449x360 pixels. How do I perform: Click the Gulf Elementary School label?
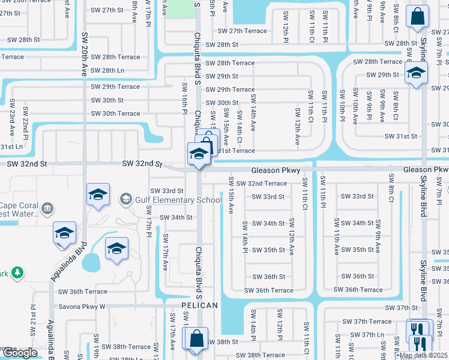(x=179, y=200)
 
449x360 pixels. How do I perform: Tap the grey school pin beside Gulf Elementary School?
(x=126, y=199)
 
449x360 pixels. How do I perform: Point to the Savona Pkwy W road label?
(x=82, y=306)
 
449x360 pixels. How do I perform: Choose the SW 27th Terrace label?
(x=242, y=31)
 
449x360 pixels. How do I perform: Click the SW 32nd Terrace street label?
(x=261, y=183)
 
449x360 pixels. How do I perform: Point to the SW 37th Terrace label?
(x=372, y=322)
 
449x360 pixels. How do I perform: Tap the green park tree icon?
(x=17, y=274)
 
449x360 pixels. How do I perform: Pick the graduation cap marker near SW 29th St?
(x=415, y=74)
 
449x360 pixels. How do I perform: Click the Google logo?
(x=20, y=353)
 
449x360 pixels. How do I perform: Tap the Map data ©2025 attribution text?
(x=423, y=355)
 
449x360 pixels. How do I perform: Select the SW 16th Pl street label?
(x=185, y=95)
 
